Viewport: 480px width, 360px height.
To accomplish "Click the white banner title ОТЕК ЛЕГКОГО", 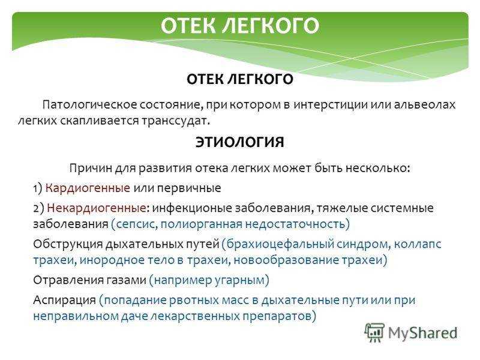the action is click(240, 25).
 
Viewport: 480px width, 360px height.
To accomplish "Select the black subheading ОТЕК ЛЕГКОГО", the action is click(240, 79).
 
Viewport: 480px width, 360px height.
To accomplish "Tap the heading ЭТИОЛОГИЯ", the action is click(240, 142).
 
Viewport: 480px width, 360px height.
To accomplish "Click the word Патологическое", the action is click(89, 105).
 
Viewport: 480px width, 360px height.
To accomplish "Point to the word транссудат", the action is click(175, 121).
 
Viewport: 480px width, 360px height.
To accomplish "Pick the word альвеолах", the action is click(425, 105).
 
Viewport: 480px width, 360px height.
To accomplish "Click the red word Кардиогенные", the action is click(88, 188).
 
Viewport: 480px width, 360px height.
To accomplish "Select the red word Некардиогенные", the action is click(97, 208).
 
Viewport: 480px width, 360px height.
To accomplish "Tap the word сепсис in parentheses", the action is click(134, 224).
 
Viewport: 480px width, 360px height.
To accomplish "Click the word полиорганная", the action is click(202, 224).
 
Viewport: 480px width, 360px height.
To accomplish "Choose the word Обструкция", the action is click(67, 244).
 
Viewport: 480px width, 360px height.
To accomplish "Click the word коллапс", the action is click(418, 244).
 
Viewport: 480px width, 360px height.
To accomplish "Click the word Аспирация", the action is click(65, 300).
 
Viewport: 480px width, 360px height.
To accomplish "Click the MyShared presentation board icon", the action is click(374, 332).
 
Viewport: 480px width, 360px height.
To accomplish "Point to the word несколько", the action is click(378, 168).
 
